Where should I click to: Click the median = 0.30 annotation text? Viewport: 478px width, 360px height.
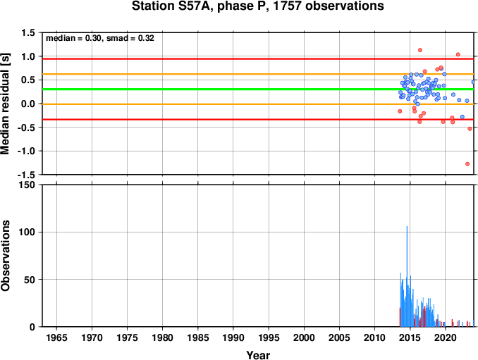click(73, 38)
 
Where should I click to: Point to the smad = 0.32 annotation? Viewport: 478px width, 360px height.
click(130, 38)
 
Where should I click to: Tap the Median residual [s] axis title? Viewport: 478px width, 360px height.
click(5, 104)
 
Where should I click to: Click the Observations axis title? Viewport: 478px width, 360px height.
click(5, 256)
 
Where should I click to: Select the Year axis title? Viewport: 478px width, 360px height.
click(258, 355)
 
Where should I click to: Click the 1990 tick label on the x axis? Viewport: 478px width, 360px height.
click(233, 337)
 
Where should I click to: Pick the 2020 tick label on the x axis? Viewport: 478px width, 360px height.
click(446, 337)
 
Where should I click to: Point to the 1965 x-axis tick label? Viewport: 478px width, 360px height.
click(56, 337)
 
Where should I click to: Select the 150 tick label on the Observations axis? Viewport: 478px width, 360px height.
click(27, 185)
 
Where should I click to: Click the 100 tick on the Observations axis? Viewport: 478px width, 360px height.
click(27, 232)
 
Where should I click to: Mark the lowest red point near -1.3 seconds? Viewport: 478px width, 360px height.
click(467, 164)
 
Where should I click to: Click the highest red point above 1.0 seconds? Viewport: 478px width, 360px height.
click(420, 50)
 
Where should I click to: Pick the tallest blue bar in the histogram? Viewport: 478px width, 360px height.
click(407, 276)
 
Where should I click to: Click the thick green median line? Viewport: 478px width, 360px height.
click(258, 89)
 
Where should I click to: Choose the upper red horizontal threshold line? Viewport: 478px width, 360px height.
click(258, 58)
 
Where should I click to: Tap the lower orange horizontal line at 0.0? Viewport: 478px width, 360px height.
click(258, 104)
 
